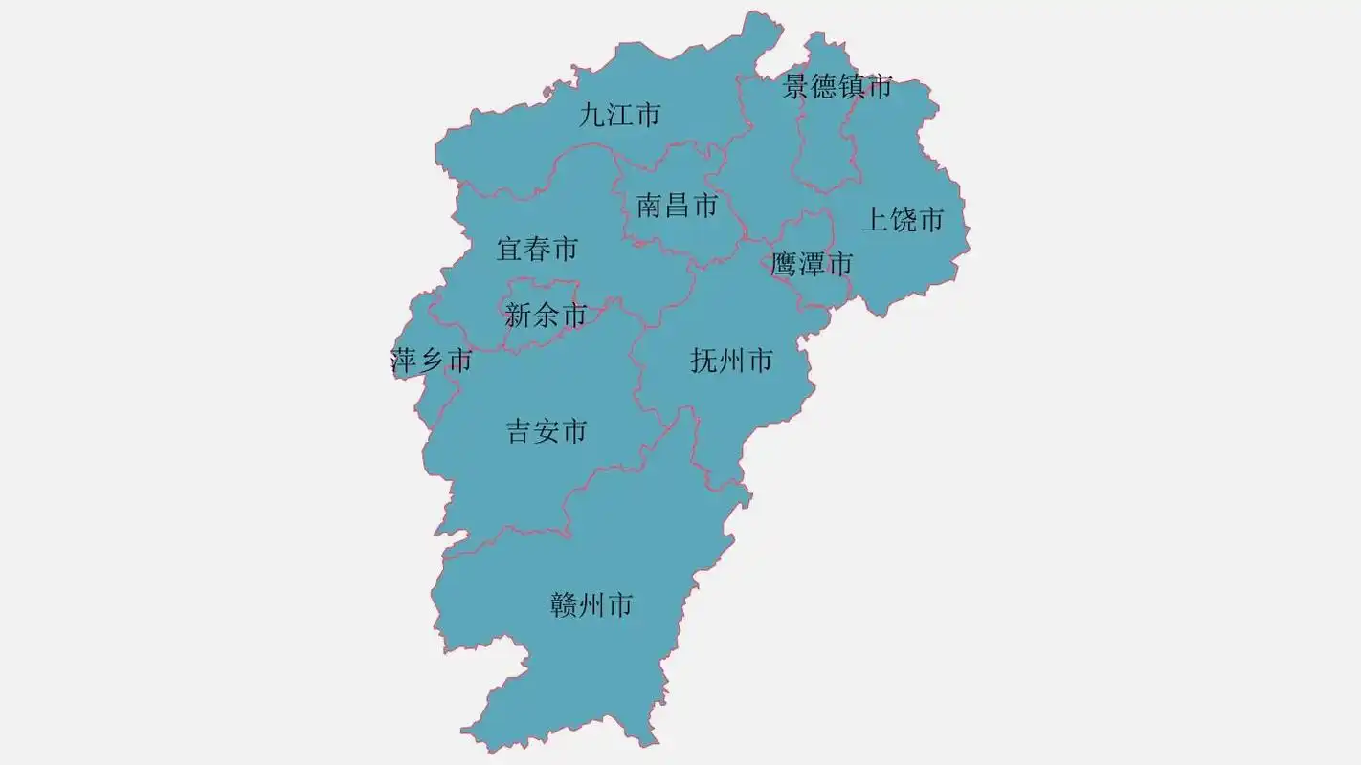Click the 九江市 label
[620, 116]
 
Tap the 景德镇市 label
[837, 87]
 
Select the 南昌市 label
[677, 205]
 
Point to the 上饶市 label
[903, 220]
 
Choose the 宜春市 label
[537, 250]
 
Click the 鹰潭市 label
[812, 264]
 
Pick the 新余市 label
[545, 315]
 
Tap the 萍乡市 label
[432, 361]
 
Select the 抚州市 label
[731, 361]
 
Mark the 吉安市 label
[547, 432]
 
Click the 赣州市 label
[591, 605]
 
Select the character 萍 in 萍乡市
[404, 361]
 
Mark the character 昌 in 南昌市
[677, 205]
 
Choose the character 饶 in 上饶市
[903, 220]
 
